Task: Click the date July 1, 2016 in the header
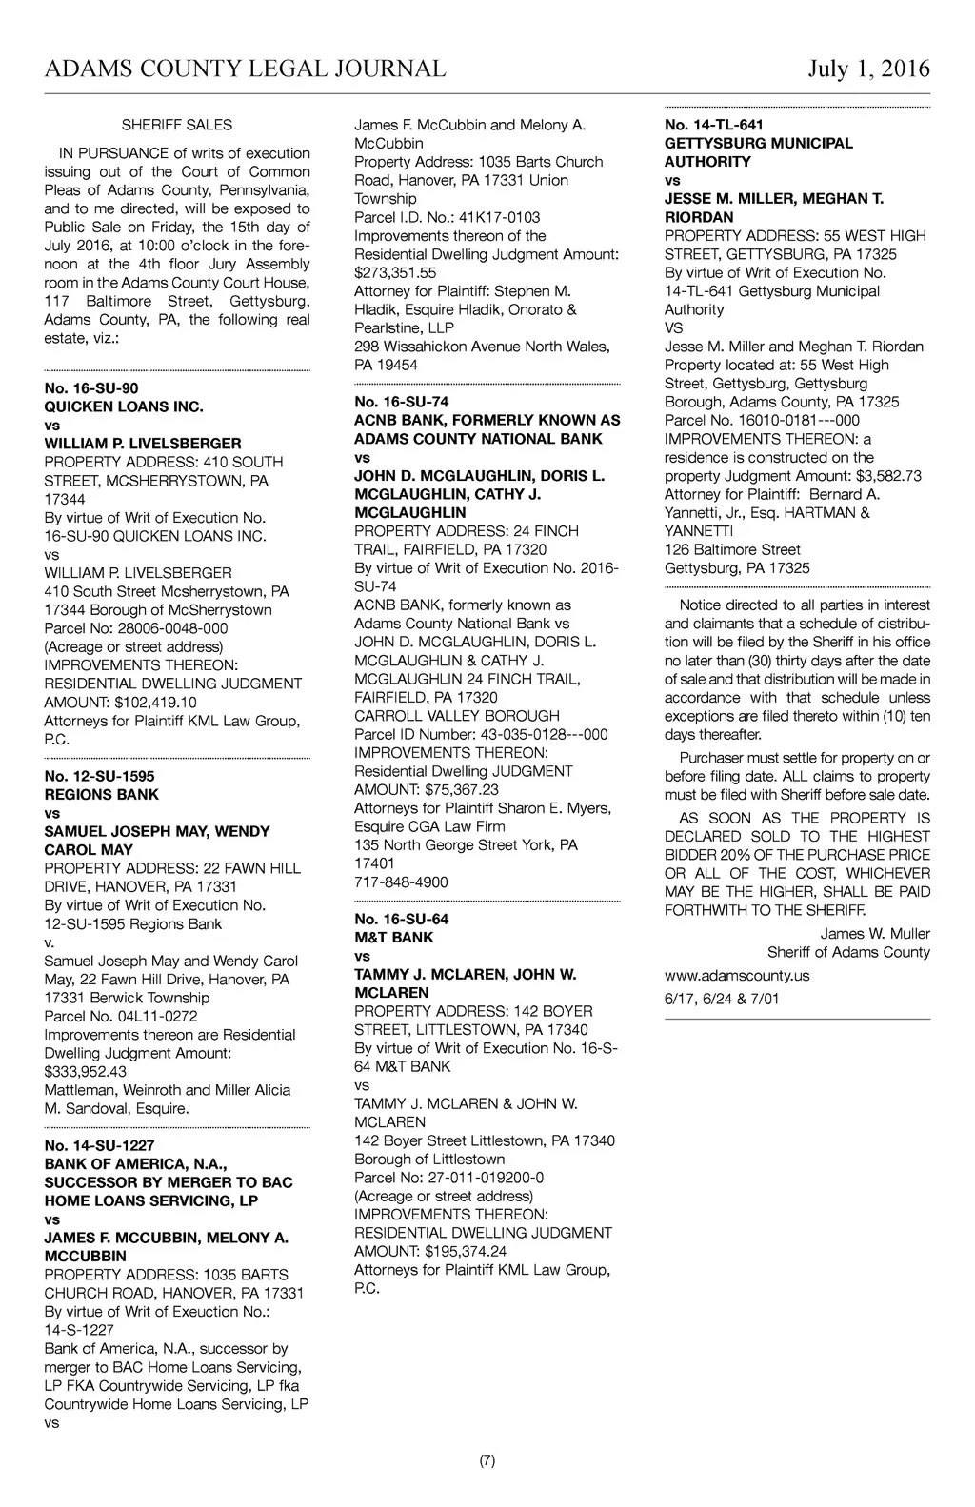pos(868,69)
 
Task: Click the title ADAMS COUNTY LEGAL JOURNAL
pos(245,69)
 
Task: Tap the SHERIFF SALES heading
pos(177,125)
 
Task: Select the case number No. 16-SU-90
pos(91,388)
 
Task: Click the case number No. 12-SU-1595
pos(99,776)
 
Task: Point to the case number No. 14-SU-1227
pos(99,1145)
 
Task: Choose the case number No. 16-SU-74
pos(401,402)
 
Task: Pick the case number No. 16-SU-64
pos(401,919)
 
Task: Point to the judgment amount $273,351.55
pos(395,272)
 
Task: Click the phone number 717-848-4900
pos(401,882)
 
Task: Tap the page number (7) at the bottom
pos(487,1460)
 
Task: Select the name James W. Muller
pos(875,934)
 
